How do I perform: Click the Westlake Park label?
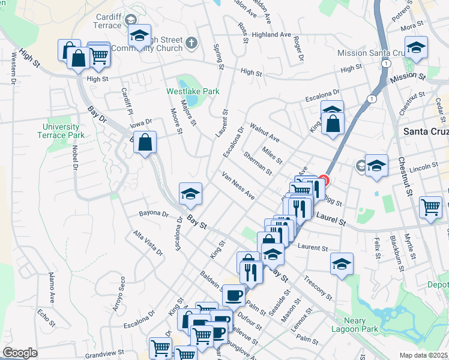193,91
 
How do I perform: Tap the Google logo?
20,353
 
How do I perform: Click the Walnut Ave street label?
265,132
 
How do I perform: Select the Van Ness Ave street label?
238,185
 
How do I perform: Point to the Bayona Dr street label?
154,213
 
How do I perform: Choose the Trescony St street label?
318,288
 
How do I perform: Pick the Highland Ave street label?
271,35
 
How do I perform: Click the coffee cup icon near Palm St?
234,295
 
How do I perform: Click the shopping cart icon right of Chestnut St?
431,207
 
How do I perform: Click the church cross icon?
191,43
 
